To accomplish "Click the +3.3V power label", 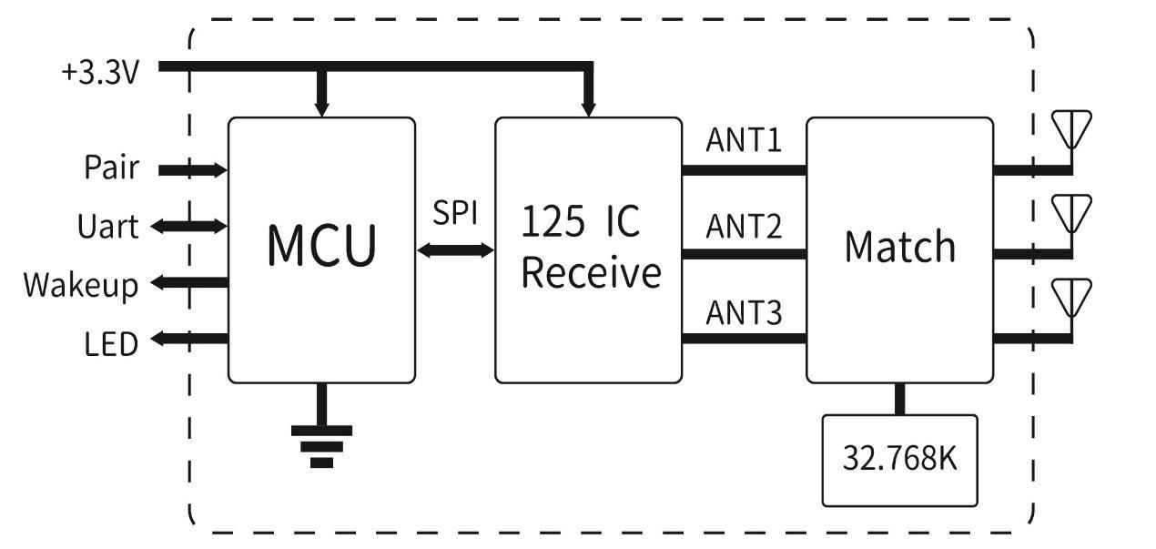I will pyautogui.click(x=100, y=73).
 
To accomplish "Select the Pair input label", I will pyautogui.click(x=111, y=168).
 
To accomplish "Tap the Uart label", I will pyautogui.click(x=108, y=226).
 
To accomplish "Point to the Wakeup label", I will pyautogui.click(x=81, y=284).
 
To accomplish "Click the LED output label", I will pyautogui.click(x=111, y=344).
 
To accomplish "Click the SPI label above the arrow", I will pyautogui.click(x=455, y=214).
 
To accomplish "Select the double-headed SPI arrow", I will pyautogui.click(x=455, y=249).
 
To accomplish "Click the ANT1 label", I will pyautogui.click(x=744, y=142).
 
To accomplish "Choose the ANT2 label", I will pyautogui.click(x=744, y=227).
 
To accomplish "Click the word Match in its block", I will pyautogui.click(x=900, y=247).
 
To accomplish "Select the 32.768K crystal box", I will pyautogui.click(x=899, y=460).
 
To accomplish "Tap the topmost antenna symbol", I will pyautogui.click(x=1071, y=129).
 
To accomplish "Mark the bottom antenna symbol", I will pyautogui.click(x=1071, y=298).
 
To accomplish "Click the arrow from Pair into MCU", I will pyautogui.click(x=193, y=169).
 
